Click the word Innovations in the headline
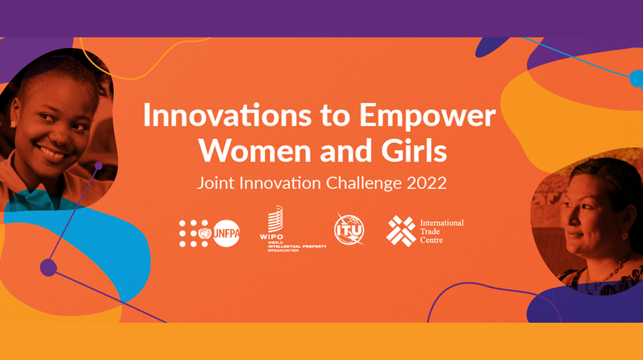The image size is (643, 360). pyautogui.click(x=227, y=116)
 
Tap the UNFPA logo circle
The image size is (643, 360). pyautogui.click(x=226, y=233)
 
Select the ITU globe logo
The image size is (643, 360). pyautogui.click(x=349, y=230)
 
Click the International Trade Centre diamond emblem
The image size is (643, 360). pyautogui.click(x=401, y=231)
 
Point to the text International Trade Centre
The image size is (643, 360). pyautogui.click(x=442, y=231)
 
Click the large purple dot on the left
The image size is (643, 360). pyautogui.click(x=48, y=267)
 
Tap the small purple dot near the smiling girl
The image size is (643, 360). pyautogui.click(x=98, y=166)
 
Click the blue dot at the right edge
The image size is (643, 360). pyautogui.click(x=637, y=78)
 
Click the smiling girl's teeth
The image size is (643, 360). pyautogui.click(x=51, y=152)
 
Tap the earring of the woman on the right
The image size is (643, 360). pyautogui.click(x=624, y=236)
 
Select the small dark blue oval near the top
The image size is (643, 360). pyautogui.click(x=492, y=46)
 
